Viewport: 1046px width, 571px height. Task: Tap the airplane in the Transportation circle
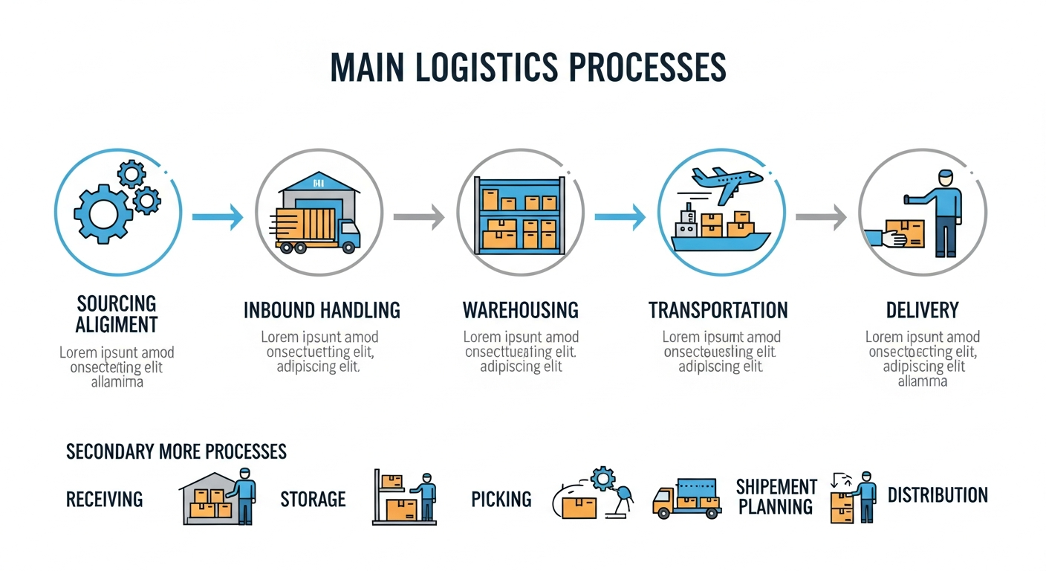click(x=724, y=180)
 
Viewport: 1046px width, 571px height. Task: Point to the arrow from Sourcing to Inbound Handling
click(x=217, y=217)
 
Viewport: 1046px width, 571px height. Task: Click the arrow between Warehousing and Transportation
click(x=619, y=217)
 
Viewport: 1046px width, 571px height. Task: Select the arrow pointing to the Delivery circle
click(x=820, y=217)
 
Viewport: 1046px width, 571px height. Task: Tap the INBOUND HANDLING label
click(x=322, y=310)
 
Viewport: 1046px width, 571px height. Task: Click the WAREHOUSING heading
click(x=520, y=310)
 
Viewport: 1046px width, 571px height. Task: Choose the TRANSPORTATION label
click(x=718, y=310)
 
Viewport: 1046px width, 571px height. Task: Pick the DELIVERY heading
click(x=922, y=310)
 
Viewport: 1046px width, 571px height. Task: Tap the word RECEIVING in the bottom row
click(x=104, y=499)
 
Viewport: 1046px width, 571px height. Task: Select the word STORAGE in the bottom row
click(x=313, y=499)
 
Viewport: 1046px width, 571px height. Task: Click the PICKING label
click(x=501, y=499)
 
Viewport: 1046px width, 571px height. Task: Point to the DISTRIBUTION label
click(x=938, y=495)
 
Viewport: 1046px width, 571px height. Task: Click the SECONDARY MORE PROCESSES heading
click(x=176, y=451)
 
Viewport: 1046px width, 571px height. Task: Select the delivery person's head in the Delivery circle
click(x=945, y=178)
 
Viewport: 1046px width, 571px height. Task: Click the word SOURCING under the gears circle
click(x=117, y=303)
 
